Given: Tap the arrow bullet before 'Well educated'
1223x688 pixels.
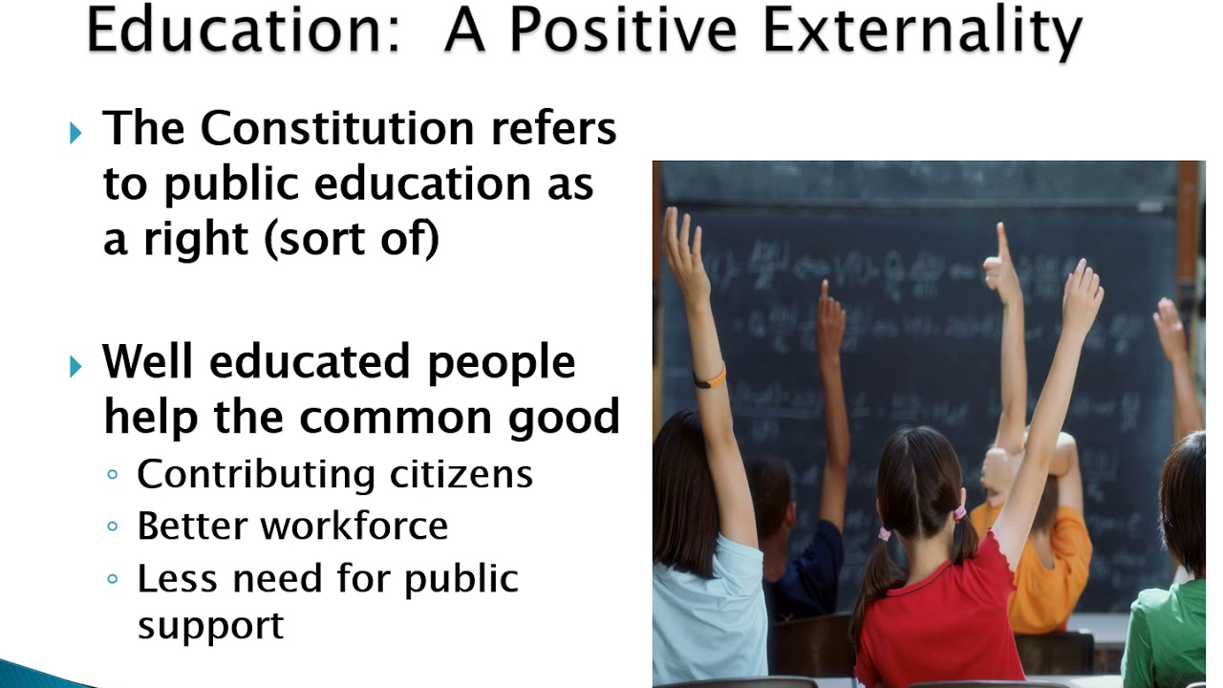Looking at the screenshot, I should (x=76, y=366).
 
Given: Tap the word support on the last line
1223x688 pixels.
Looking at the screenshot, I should (x=210, y=625).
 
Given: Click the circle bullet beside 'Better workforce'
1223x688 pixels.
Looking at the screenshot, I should (x=114, y=527).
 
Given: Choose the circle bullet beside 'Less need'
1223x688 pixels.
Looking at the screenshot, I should (x=114, y=579).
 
